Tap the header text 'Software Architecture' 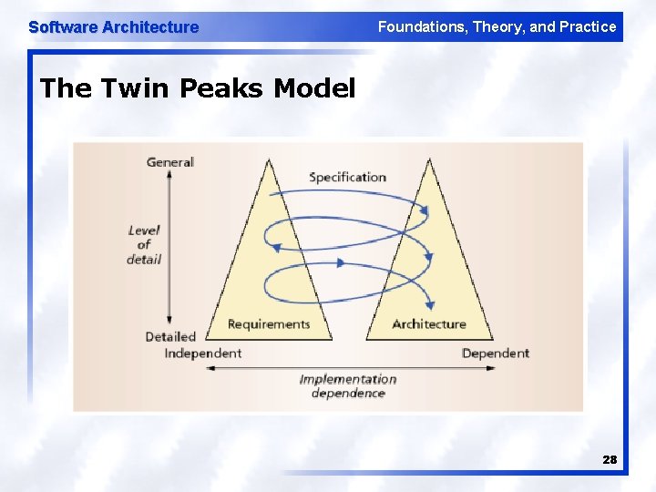pyautogui.click(x=113, y=27)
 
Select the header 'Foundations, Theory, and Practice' pyautogui.click(x=497, y=27)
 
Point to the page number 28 pyautogui.click(x=610, y=460)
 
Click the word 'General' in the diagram pyautogui.click(x=170, y=162)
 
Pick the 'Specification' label pyautogui.click(x=347, y=177)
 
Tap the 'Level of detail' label pyautogui.click(x=144, y=244)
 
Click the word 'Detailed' pyautogui.click(x=170, y=336)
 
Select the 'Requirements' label pyautogui.click(x=269, y=324)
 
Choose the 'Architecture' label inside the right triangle pyautogui.click(x=428, y=324)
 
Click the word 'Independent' pyautogui.click(x=202, y=353)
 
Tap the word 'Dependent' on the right pyautogui.click(x=496, y=353)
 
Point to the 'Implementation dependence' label pyautogui.click(x=348, y=386)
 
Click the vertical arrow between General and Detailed pyautogui.click(x=170, y=248)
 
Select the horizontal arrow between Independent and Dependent pyautogui.click(x=351, y=368)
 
